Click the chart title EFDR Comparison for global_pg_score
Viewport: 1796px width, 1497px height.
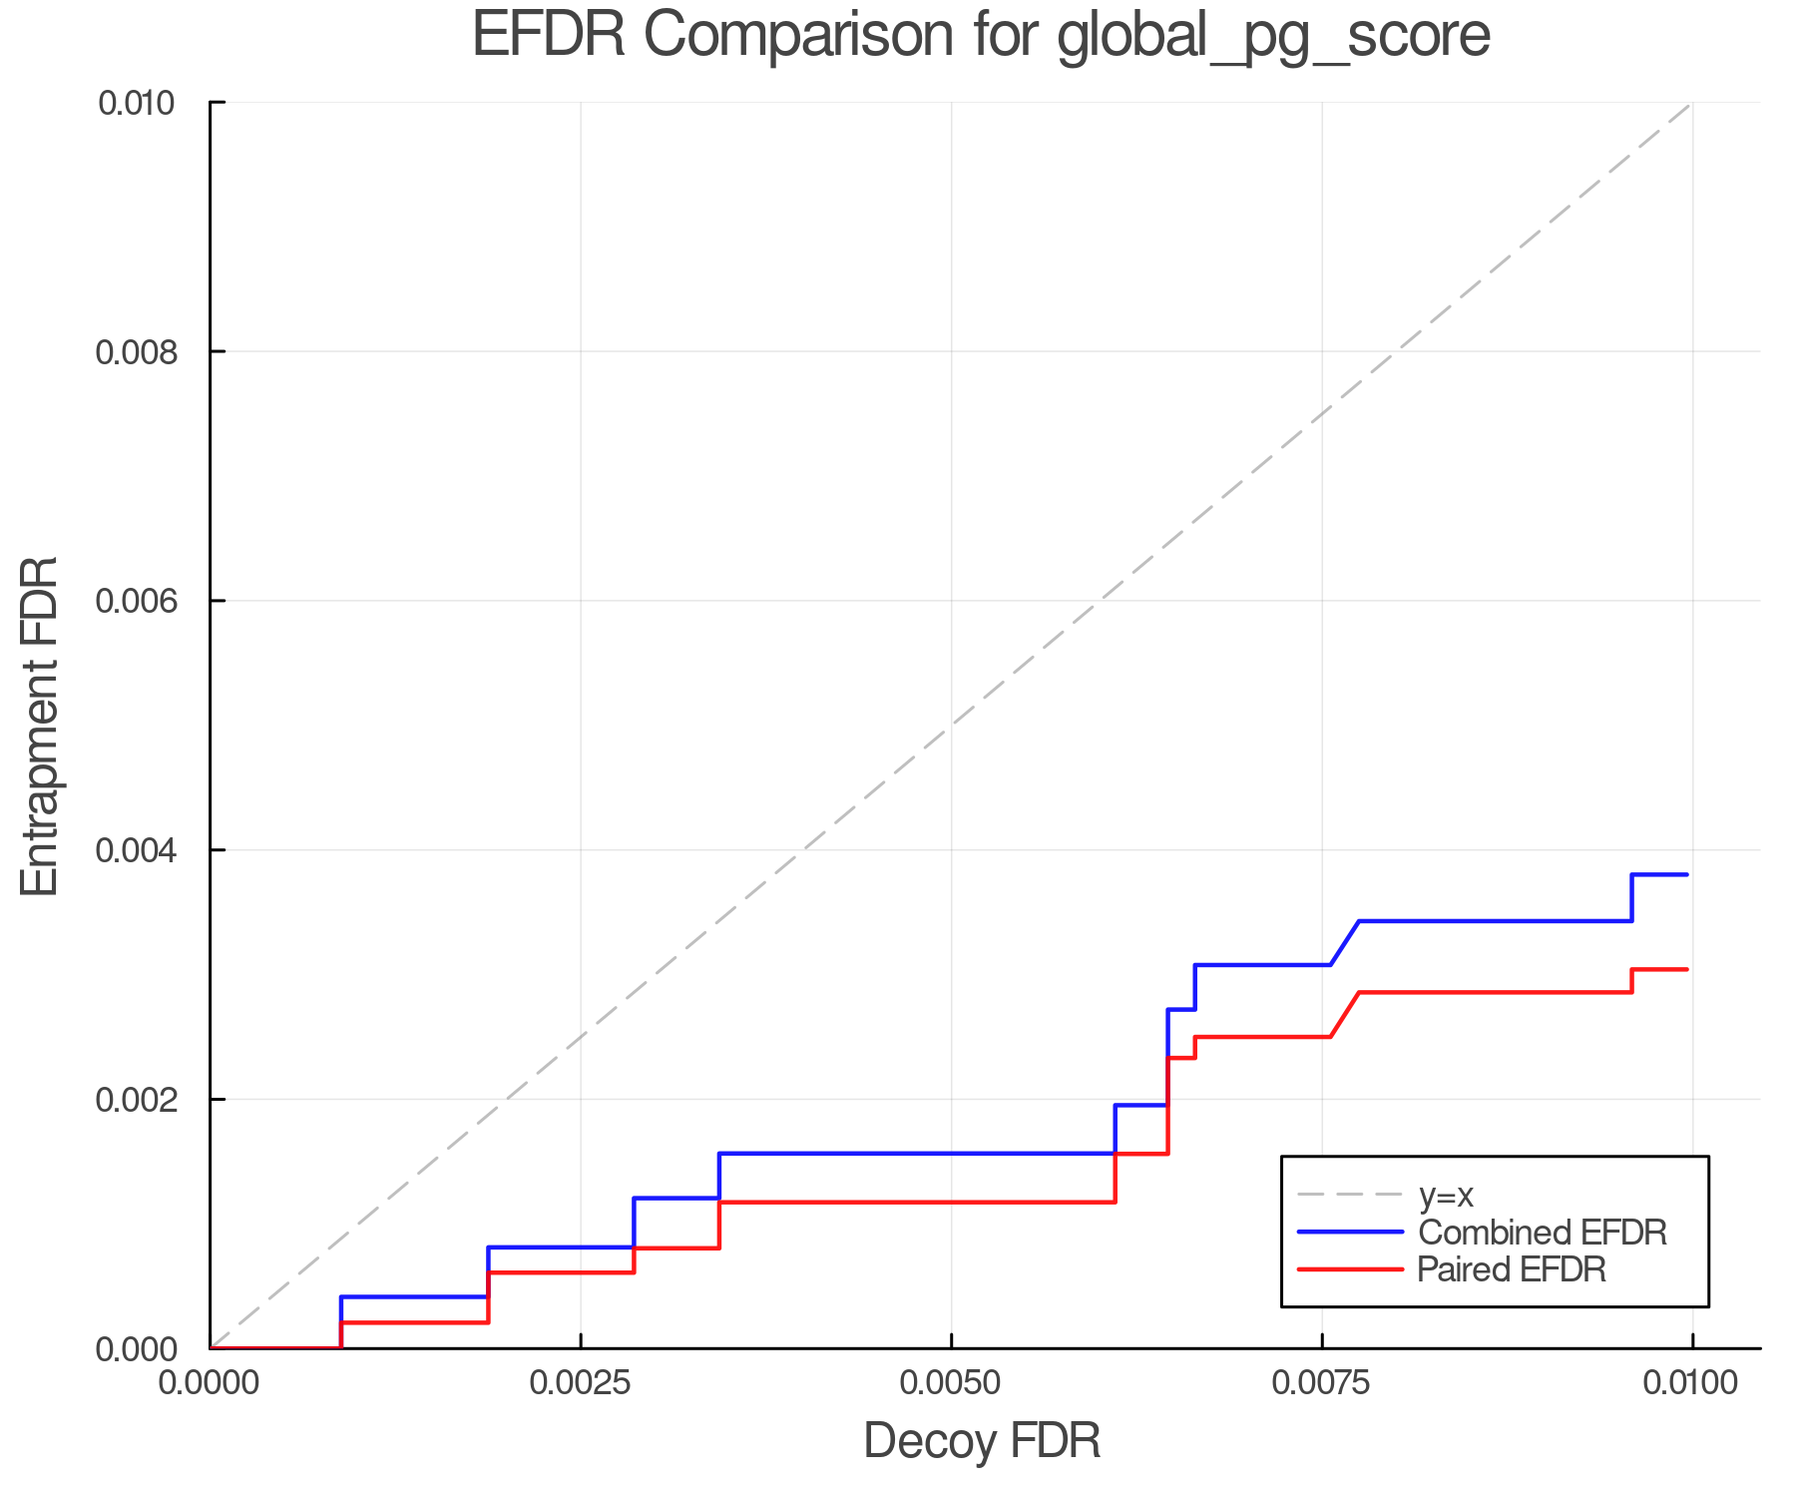pyautogui.click(x=981, y=35)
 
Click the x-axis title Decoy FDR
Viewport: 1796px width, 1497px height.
pyautogui.click(x=981, y=1441)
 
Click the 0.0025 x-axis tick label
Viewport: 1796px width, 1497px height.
pyautogui.click(x=581, y=1383)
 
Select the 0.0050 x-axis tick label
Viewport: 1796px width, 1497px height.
pyautogui.click(x=951, y=1383)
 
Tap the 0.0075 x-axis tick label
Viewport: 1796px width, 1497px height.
pyautogui.click(x=1322, y=1383)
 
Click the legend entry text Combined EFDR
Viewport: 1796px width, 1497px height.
pyautogui.click(x=1542, y=1233)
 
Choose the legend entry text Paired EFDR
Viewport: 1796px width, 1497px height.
pyautogui.click(x=1512, y=1269)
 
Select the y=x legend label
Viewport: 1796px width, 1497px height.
pyautogui.click(x=1446, y=1195)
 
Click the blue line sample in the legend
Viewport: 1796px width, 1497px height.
pyautogui.click(x=1350, y=1233)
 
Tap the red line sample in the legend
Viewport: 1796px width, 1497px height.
pyautogui.click(x=1350, y=1269)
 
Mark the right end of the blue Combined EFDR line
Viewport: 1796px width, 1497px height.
pyautogui.click(x=1687, y=874)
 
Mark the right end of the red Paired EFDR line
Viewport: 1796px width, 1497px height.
pyautogui.click(x=1687, y=969)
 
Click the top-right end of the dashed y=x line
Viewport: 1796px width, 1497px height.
pyautogui.click(x=1691, y=103)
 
